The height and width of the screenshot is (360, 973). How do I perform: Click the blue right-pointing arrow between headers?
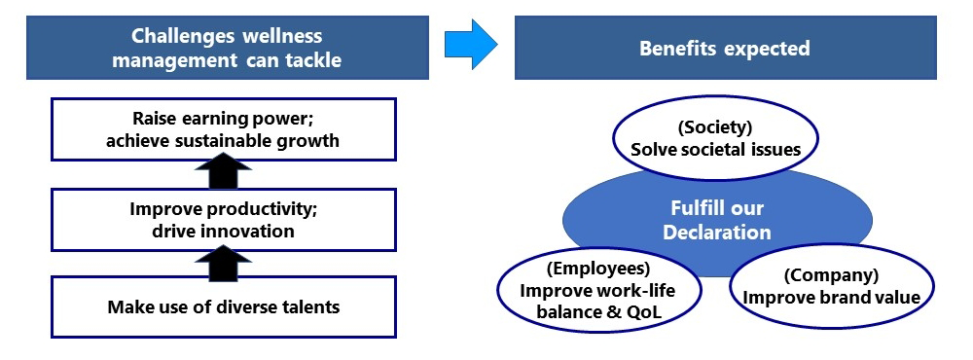point(470,45)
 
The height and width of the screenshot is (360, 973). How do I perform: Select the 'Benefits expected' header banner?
point(725,48)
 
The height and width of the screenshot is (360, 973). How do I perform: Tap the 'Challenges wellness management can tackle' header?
point(227,48)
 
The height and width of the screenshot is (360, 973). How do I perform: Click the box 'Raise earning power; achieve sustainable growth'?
point(223,129)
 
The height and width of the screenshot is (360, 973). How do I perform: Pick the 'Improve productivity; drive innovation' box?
point(223,219)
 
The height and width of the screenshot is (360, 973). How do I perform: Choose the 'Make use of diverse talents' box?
point(223,308)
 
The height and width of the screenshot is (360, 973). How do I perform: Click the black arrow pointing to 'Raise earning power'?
point(223,175)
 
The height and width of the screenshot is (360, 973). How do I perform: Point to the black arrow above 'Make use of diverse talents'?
point(223,261)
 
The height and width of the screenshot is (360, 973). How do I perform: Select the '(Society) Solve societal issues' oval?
point(715,139)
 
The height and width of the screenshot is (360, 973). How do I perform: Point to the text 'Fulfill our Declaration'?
point(717,221)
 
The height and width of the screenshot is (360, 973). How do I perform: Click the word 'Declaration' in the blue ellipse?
point(717,233)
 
